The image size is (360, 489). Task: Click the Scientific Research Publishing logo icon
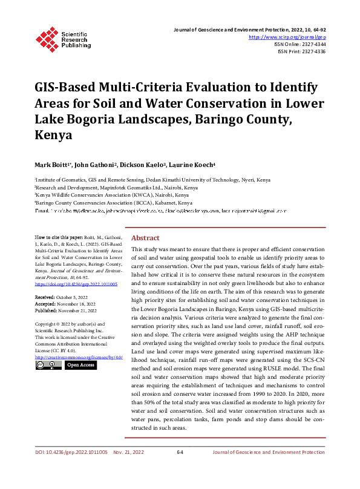(47, 38)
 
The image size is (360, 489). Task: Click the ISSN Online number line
(301, 44)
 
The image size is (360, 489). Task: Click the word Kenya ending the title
(54, 136)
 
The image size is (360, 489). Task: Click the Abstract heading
(145, 238)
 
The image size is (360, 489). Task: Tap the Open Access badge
(80, 365)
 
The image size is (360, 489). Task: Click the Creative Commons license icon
(48, 365)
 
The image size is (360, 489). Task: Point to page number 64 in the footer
(180, 452)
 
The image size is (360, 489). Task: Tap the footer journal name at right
(269, 452)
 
